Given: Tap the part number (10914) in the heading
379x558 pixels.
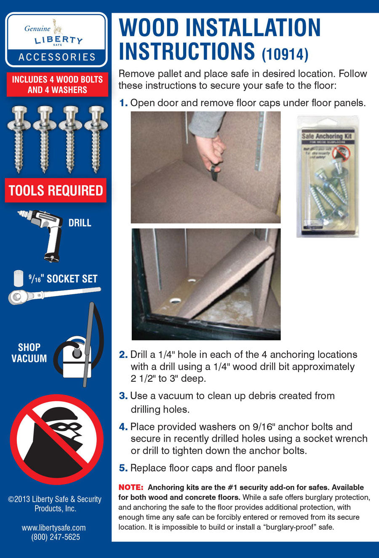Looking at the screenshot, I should tap(285, 54).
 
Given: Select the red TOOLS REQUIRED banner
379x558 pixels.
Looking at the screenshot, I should tap(56, 190).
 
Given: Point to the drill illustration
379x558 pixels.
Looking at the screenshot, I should tap(43, 234).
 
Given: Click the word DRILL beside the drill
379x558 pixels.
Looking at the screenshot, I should tap(80, 223).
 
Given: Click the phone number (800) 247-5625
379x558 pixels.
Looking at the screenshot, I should tap(56, 537).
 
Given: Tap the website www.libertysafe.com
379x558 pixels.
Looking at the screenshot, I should tap(54, 527).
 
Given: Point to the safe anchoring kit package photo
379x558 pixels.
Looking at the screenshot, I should tap(328, 177).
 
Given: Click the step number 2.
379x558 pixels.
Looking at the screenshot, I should tap(123, 355).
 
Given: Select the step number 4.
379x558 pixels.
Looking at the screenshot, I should tap(123, 427).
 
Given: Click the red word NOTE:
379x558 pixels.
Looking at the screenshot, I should tap(131, 487).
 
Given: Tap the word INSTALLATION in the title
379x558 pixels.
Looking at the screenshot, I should tap(252, 28).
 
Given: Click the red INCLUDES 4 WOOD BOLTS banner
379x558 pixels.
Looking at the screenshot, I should tap(57, 84).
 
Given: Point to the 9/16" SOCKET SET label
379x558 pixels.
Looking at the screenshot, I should tap(63, 279).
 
